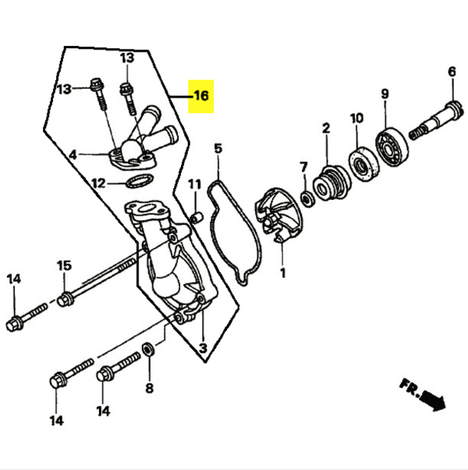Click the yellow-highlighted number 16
(201, 96)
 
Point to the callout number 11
(194, 184)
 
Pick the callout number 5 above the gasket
(218, 148)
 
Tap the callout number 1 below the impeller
(282, 273)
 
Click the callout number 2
(325, 127)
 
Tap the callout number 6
(451, 73)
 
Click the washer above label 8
(149, 348)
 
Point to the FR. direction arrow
(423, 396)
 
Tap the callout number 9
(385, 94)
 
